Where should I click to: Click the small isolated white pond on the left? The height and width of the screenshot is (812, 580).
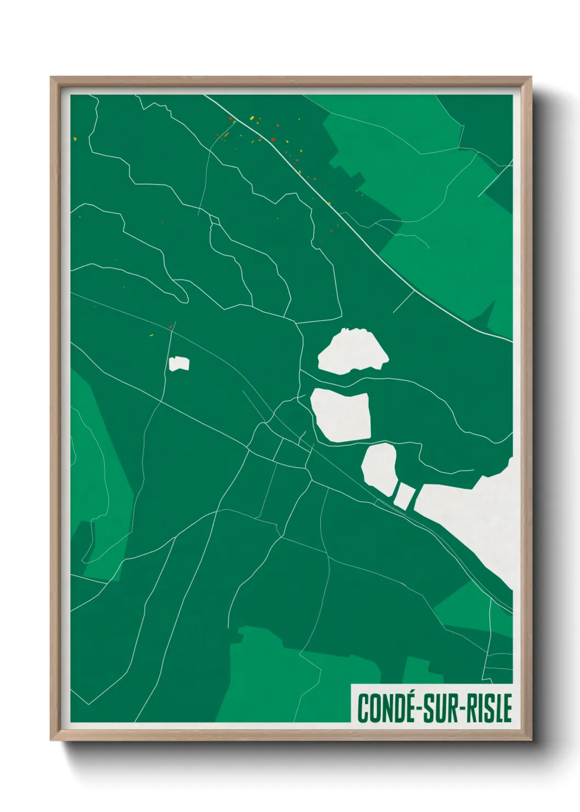tap(179, 364)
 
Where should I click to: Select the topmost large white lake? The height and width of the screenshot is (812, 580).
tap(352, 352)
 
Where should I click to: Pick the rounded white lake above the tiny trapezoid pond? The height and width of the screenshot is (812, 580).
tap(379, 466)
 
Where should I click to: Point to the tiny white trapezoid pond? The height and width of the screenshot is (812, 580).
tap(404, 495)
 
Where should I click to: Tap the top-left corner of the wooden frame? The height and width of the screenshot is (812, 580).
tap(52, 78)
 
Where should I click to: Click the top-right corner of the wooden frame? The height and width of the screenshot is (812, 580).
tap(530, 78)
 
